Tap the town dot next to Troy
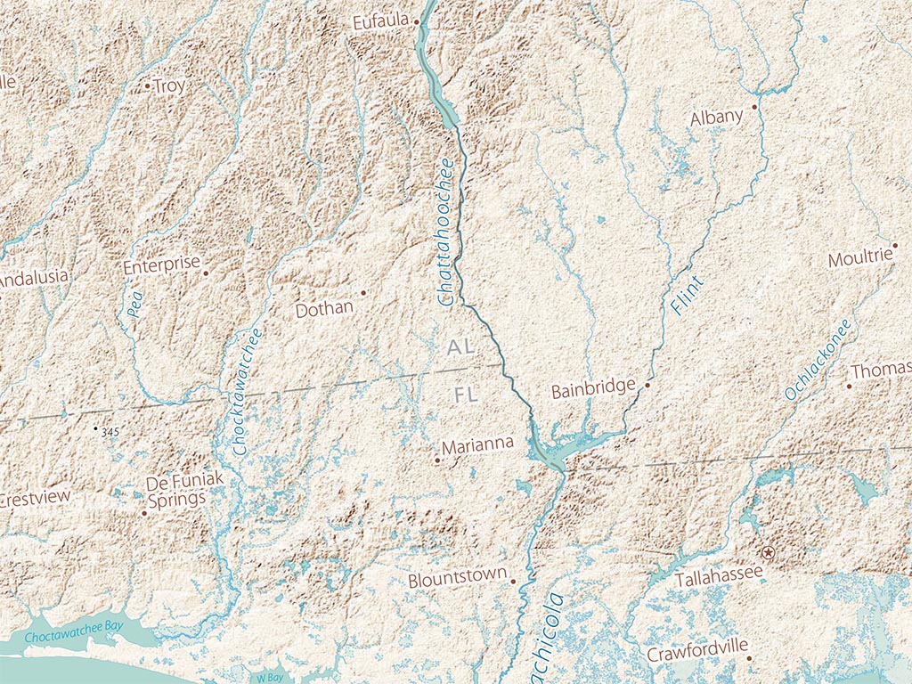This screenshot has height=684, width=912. [147, 86]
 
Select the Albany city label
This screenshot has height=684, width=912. [716, 118]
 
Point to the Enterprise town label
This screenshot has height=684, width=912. [161, 265]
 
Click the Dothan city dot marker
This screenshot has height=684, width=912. [363, 292]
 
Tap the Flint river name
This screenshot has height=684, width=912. [687, 295]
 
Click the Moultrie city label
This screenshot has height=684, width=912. [859, 258]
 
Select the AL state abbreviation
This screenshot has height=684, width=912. [461, 347]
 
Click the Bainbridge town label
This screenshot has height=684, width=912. [593, 390]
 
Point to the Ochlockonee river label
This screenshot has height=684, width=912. [818, 359]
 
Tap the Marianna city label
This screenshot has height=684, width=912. [477, 444]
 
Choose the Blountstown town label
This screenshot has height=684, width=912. [457, 579]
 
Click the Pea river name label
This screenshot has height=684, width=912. [134, 309]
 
